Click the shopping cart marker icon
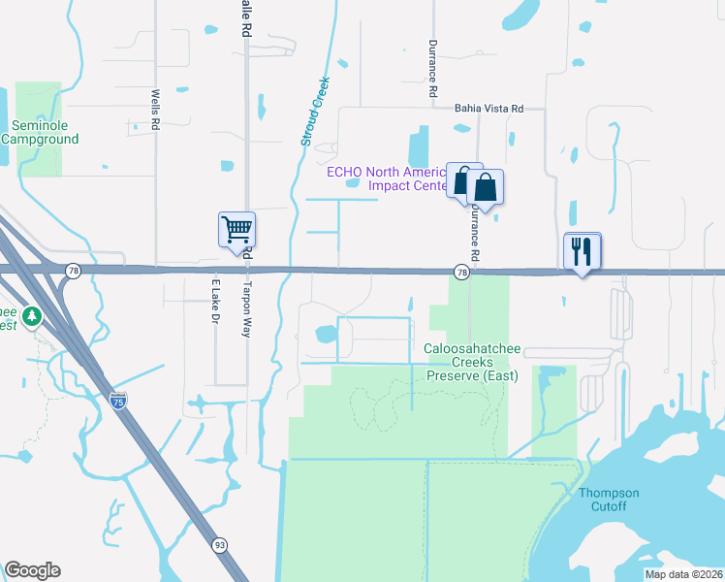[236, 230]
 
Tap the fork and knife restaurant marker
[583, 251]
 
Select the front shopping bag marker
[486, 187]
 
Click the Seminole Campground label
[40, 132]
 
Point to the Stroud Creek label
[314, 111]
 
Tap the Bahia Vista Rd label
[489, 110]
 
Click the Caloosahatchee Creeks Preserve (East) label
[473, 362]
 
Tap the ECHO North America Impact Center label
[387, 178]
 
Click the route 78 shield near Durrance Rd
[462, 274]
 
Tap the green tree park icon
[32, 316]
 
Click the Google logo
[32, 570]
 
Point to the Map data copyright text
[682, 574]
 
